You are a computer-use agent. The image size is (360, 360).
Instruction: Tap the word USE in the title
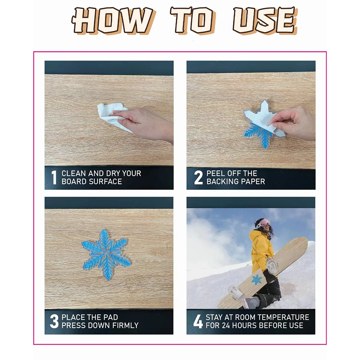tap(264, 20)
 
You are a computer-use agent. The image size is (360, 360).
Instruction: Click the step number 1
tap(54, 177)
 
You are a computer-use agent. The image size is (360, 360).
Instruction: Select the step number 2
tap(199, 177)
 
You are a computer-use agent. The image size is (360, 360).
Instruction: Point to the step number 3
tap(54, 321)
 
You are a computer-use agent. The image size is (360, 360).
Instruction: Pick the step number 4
tap(198, 321)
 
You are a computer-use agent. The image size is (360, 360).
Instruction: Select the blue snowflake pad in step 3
tap(106, 254)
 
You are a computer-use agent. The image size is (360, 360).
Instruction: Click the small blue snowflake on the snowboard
tap(257, 280)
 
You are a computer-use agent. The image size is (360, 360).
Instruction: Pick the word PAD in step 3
tap(111, 317)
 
